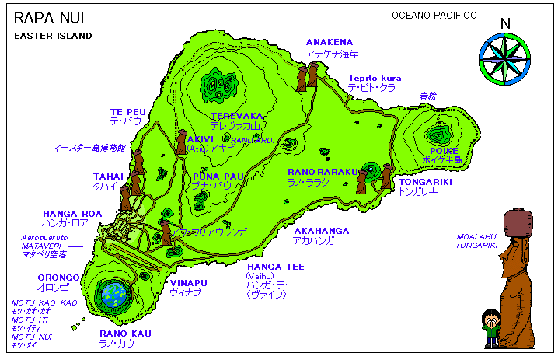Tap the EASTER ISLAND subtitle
53,36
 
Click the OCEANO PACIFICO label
434,16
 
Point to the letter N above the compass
505,24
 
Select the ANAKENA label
329,42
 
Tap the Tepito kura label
375,78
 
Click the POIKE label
444,151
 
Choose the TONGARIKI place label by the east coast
424,182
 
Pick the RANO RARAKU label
322,171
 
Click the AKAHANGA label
321,231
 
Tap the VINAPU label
190,283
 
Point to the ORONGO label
58,277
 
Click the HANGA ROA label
72,213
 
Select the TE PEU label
127,112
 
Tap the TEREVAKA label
237,115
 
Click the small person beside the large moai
491,327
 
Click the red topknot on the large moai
519,221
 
